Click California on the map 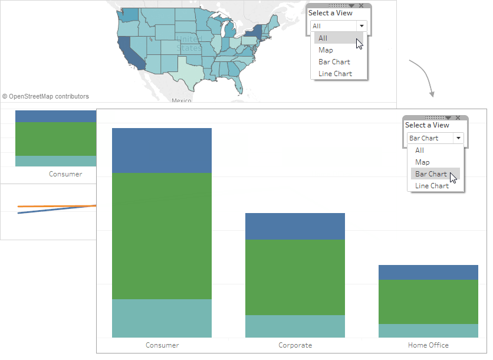(131, 53)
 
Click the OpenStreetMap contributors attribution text (46, 96)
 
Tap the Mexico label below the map (181, 101)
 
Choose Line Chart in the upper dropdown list (335, 74)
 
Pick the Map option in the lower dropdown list (422, 162)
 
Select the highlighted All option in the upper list (323, 38)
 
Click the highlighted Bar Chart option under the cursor (431, 174)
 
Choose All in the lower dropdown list (419, 150)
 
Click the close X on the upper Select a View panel (361, 5)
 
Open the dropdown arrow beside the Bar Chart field (458, 138)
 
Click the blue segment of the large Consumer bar (162, 150)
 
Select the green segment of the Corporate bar (295, 277)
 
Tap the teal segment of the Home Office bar (428, 330)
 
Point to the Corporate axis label (295, 345)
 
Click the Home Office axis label (428, 345)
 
